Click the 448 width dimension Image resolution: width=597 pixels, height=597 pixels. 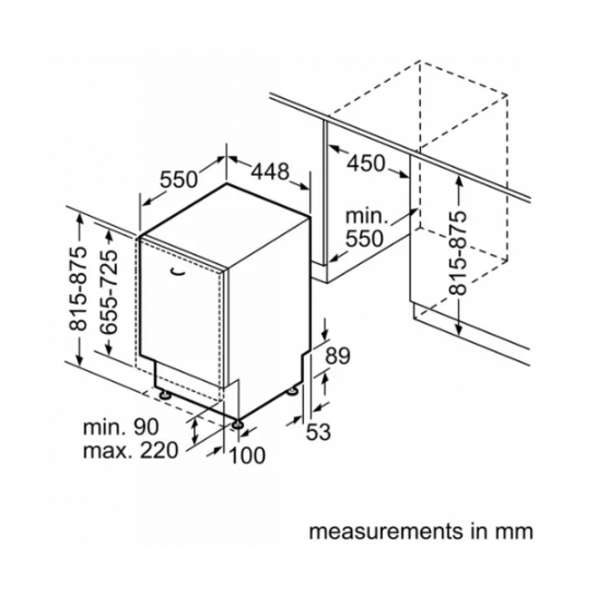(270, 172)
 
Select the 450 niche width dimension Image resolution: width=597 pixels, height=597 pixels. (366, 163)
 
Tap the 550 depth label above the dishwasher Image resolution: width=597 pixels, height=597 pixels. (179, 179)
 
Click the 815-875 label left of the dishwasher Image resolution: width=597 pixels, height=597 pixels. (78, 288)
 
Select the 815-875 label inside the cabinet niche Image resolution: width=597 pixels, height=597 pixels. (457, 253)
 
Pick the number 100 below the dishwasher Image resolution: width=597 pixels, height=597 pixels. (248, 456)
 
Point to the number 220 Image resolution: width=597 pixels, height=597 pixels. (160, 450)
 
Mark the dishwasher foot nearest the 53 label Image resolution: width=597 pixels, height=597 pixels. (292, 392)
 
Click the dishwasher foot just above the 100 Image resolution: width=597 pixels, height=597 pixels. (238, 424)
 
